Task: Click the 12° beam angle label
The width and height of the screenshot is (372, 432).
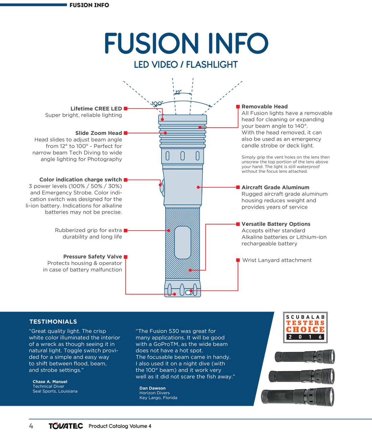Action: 178,92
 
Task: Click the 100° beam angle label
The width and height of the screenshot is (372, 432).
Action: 157,104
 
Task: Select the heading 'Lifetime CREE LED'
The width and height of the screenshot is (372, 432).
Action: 96,109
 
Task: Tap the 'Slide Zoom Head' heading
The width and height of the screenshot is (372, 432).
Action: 99,133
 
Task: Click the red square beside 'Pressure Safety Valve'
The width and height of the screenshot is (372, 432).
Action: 126,257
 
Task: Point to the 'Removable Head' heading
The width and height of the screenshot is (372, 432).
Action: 265,107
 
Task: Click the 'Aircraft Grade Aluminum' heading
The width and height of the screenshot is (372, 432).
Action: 275,187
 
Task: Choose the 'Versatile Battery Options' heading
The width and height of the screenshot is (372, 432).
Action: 276,224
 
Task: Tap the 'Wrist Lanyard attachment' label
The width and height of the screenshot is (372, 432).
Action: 277,260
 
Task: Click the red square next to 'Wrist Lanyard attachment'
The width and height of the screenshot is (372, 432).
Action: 238,260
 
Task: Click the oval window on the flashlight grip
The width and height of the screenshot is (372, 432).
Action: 183,243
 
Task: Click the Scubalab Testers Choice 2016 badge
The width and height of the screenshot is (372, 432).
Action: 305,327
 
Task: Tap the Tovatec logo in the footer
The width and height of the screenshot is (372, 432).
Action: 66,426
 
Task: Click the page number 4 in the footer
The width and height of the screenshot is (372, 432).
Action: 31,426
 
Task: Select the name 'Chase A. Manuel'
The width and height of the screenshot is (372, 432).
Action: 50,382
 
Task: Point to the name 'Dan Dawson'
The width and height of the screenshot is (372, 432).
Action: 152,388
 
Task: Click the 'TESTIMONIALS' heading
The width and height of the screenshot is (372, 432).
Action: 53,322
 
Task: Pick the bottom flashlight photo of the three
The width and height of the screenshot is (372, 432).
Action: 298,397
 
